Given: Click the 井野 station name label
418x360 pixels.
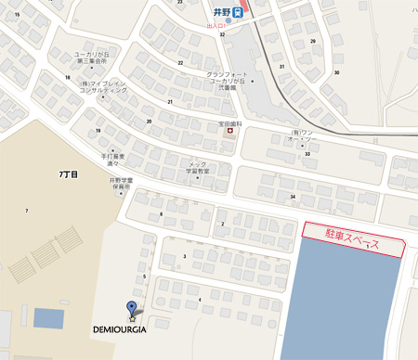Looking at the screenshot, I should pos(219,12).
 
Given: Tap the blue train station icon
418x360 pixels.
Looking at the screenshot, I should pos(239,12).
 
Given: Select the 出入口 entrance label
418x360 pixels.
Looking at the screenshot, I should pos(215,26).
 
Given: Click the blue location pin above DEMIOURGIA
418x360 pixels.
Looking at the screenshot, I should pos(131,310).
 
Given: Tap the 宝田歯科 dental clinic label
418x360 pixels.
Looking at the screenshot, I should pos(230,123).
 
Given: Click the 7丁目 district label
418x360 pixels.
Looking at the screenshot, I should pos(68,174).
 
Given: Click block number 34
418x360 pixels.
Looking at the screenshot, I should pos(293,197).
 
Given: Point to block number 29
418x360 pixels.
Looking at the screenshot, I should pos(313,41).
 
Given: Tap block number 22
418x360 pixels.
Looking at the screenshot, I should pos(180,63).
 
